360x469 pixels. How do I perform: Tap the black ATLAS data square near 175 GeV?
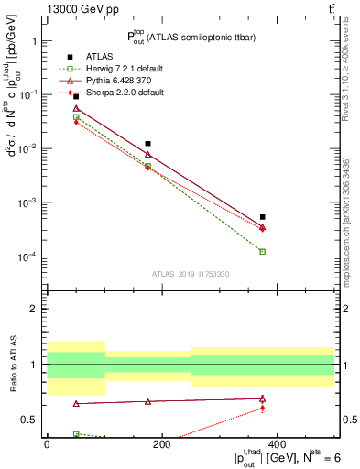click(x=148, y=144)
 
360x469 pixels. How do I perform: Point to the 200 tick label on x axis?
click(x=161, y=444)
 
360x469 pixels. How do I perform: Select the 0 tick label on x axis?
click(x=47, y=444)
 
